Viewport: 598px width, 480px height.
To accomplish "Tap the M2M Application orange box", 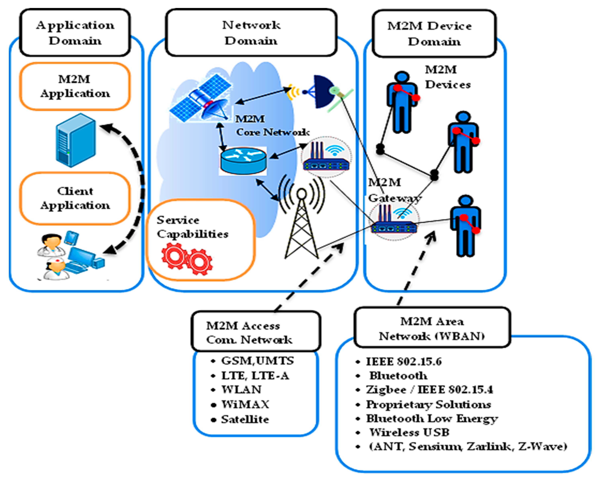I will pyautogui.click(x=75, y=86).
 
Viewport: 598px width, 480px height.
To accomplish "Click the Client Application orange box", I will pyautogui.click(x=75, y=198).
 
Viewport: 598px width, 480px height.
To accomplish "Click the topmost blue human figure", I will pyautogui.click(x=402, y=103).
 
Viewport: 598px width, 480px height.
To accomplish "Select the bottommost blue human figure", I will pyautogui.click(x=465, y=226).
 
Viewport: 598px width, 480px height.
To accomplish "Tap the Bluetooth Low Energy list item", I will pyautogui.click(x=432, y=419).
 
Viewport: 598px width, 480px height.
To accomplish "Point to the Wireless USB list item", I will pyautogui.click(x=409, y=432).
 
